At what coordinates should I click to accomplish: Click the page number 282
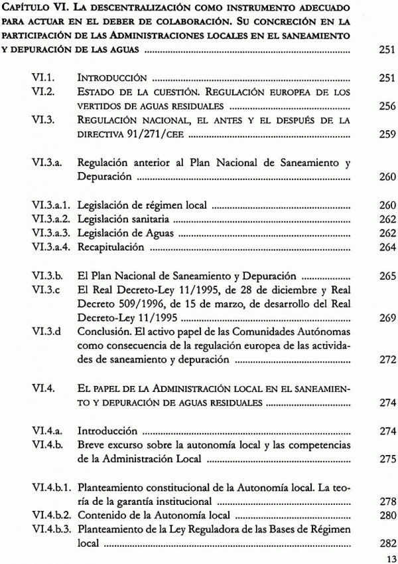click(385, 543)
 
